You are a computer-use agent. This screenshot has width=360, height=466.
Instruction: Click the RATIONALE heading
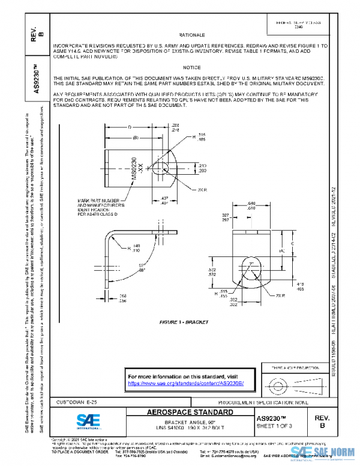click(192, 36)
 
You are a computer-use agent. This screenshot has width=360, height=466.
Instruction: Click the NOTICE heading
click(192, 68)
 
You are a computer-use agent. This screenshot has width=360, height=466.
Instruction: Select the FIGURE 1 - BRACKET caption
click(184, 322)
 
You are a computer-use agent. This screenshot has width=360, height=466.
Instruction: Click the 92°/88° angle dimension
click(142, 268)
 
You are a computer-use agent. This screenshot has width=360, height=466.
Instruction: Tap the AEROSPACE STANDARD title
click(190, 413)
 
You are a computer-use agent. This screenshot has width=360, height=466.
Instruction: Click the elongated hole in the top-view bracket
click(162, 168)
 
